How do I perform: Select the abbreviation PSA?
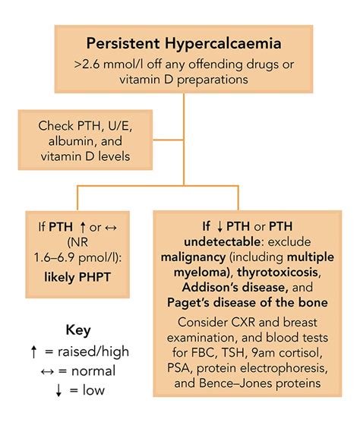coord(194,372)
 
